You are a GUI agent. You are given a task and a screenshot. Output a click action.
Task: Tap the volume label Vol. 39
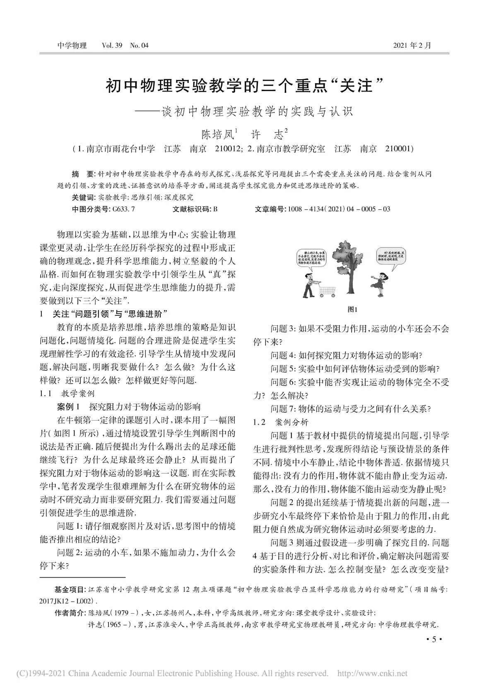click(112, 45)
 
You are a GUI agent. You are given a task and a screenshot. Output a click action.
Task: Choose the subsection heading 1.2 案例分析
click(281, 422)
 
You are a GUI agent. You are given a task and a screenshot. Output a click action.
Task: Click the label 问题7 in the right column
click(282, 409)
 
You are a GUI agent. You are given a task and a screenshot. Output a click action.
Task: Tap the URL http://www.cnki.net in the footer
click(373, 674)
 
